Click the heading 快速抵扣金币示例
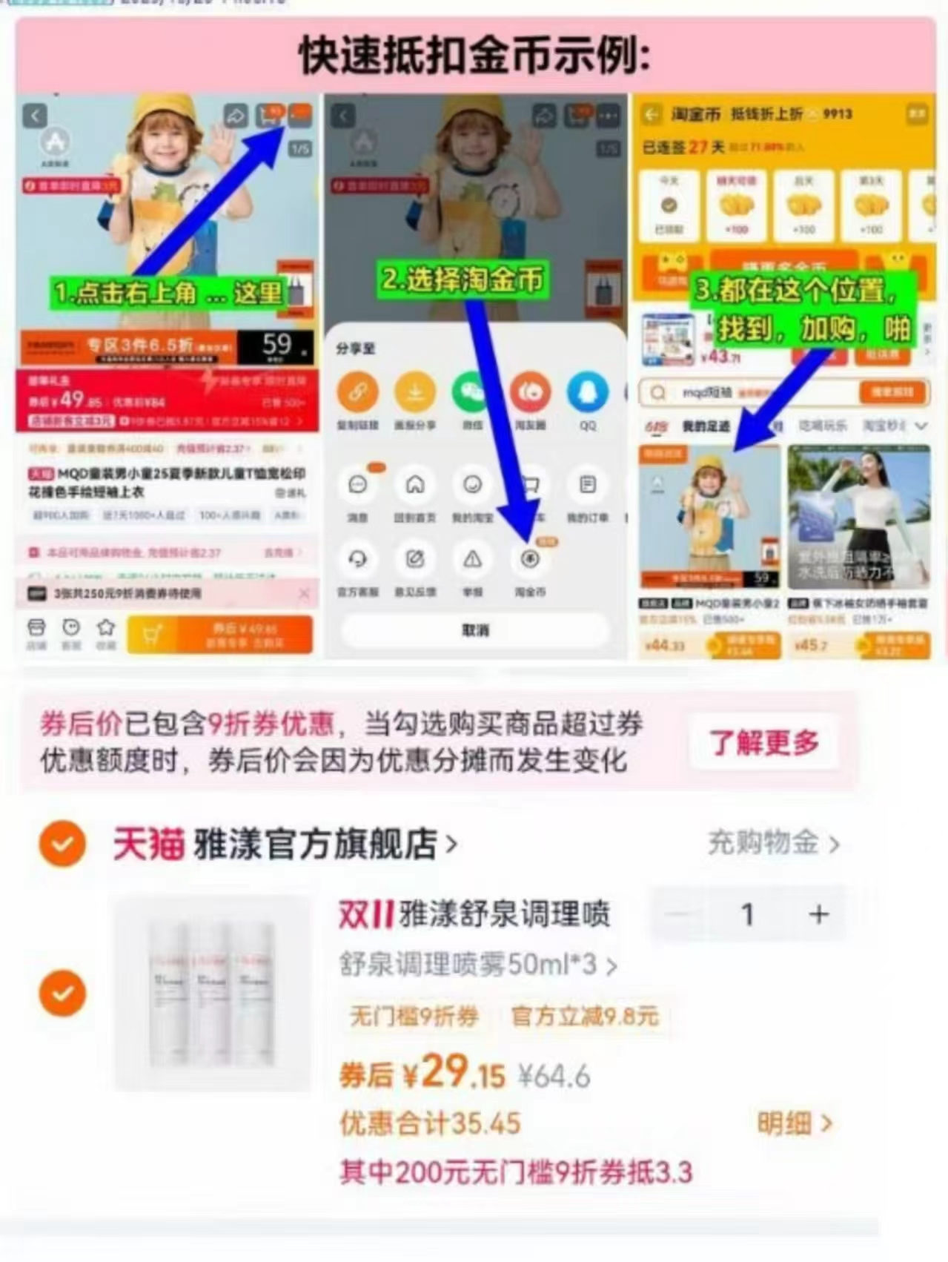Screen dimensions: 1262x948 click(474, 56)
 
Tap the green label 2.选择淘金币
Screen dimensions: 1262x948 click(463, 280)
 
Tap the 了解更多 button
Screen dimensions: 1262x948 click(764, 741)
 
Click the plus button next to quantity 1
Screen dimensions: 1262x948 click(818, 914)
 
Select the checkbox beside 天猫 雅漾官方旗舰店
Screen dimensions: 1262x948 click(62, 844)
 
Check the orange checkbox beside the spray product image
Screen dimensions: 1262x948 click(62, 993)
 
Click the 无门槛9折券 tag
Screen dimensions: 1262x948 click(414, 1016)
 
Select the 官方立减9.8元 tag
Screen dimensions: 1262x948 click(585, 1016)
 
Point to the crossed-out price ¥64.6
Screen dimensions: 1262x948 click(554, 1076)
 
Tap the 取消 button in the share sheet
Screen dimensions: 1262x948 click(475, 630)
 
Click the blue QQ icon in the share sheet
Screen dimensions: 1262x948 click(588, 392)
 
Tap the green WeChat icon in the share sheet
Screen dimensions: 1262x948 click(472, 392)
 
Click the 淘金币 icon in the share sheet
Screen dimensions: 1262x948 click(530, 560)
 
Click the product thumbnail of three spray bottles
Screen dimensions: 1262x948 click(212, 993)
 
